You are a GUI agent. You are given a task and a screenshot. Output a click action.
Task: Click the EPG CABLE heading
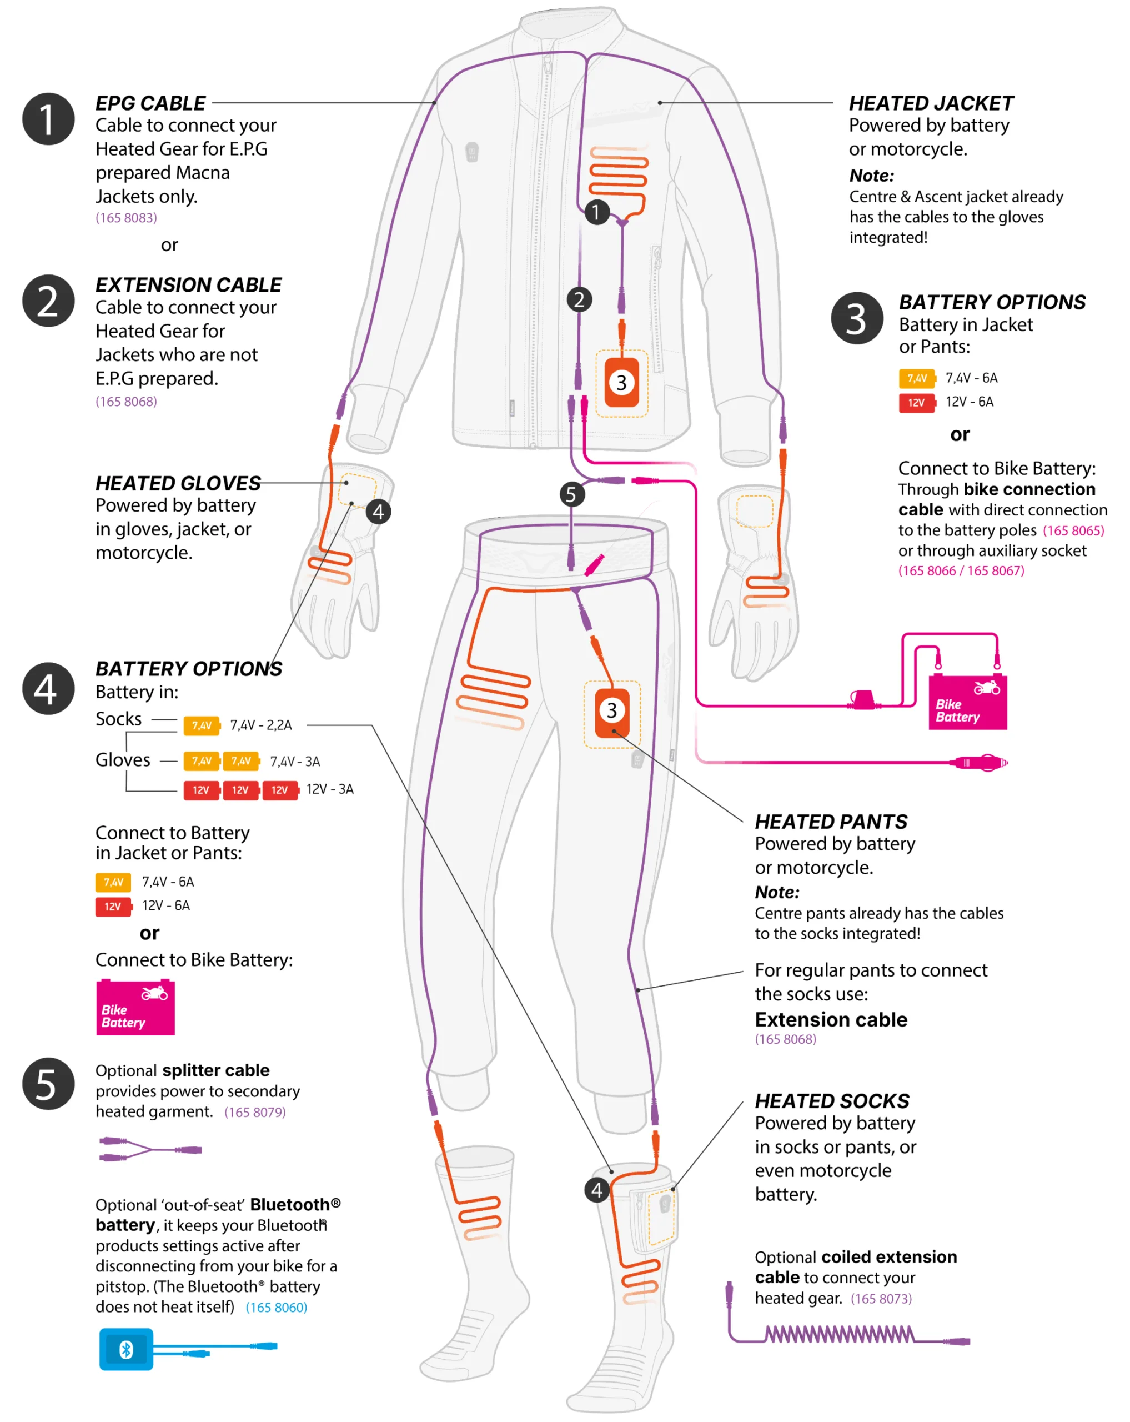tap(150, 103)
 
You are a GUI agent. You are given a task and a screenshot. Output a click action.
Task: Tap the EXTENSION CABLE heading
tap(189, 285)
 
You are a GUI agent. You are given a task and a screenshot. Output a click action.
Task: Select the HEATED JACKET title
tap(931, 103)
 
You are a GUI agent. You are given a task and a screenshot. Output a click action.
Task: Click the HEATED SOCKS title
tap(832, 1101)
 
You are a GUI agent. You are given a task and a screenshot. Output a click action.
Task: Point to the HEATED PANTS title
tap(831, 822)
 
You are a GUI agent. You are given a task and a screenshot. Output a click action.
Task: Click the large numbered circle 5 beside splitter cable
tap(48, 1084)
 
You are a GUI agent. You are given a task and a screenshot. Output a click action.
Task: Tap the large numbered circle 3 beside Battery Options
tap(856, 319)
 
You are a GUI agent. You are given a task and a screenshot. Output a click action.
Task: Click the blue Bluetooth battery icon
tap(126, 1349)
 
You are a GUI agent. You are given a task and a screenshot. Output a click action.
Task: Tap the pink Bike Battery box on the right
tap(967, 702)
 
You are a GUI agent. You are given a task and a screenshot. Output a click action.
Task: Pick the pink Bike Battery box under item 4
tap(135, 1007)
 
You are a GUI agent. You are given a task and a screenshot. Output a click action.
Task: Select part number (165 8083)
tap(126, 218)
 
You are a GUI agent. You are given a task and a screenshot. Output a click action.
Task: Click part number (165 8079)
tap(254, 1112)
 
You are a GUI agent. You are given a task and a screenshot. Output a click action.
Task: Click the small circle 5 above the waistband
tap(571, 494)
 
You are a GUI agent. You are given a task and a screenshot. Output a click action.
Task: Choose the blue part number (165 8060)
tap(276, 1307)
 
